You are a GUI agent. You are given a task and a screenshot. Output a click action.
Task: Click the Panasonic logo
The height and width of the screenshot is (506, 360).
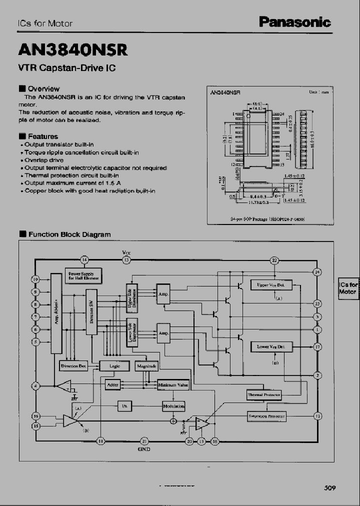294,22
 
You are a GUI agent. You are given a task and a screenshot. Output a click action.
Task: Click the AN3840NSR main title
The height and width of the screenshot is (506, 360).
73,49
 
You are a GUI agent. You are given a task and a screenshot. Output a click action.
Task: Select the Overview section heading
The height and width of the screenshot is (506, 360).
43,88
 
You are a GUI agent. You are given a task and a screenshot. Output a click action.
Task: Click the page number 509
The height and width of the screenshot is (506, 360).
329,488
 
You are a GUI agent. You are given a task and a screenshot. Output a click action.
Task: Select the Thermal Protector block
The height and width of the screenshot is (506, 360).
264,395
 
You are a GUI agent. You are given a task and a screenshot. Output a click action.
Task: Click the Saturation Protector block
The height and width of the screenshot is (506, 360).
266,416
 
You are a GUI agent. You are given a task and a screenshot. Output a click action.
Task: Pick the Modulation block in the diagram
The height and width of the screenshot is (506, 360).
173,406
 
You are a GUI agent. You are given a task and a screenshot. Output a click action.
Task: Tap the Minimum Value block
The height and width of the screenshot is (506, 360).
173,385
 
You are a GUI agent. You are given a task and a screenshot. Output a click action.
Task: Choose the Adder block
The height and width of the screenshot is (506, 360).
113,384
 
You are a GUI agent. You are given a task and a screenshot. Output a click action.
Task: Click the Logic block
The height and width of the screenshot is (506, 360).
114,366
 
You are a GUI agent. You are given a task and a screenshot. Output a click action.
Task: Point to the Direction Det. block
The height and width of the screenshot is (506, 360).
74,366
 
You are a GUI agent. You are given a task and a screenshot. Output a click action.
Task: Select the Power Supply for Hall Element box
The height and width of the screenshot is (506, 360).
83,276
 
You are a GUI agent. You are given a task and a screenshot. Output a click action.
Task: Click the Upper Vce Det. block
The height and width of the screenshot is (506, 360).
270,285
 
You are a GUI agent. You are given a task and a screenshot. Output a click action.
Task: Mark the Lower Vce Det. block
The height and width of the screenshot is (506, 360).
270,346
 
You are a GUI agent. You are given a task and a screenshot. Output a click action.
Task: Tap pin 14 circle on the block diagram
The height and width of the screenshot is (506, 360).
84,259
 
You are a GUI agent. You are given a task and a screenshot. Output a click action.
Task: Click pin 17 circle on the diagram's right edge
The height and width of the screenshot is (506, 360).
317,346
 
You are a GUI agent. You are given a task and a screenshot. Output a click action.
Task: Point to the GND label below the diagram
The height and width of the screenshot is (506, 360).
144,449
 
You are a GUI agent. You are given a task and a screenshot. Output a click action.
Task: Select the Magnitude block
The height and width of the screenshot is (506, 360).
146,366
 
